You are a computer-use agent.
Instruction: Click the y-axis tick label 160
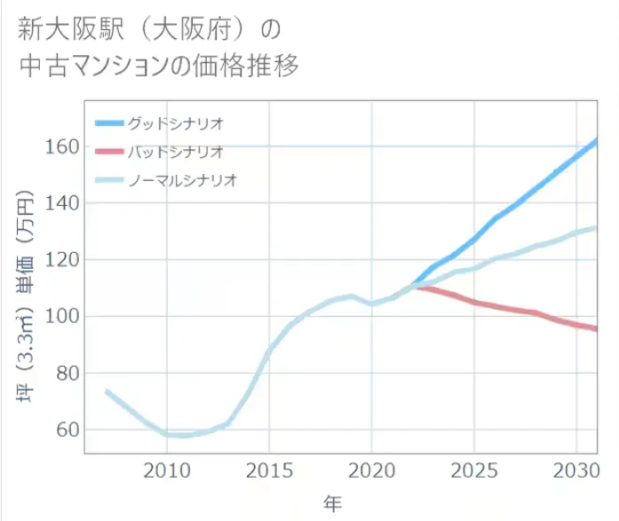(x=62, y=146)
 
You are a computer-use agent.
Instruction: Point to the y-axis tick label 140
(x=62, y=203)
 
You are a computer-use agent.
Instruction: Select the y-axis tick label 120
(x=62, y=260)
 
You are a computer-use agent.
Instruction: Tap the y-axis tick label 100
(x=62, y=317)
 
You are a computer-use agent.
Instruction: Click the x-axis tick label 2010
(x=166, y=470)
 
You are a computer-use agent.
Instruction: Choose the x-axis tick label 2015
(x=269, y=470)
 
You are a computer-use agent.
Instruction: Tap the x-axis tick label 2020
(x=371, y=470)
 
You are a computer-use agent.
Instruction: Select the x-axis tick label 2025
(x=474, y=470)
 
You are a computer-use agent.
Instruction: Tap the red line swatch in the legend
(x=108, y=152)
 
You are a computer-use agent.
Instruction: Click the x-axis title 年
(x=332, y=503)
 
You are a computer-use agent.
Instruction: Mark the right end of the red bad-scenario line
(x=595, y=328)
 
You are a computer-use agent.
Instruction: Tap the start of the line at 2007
(x=107, y=391)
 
